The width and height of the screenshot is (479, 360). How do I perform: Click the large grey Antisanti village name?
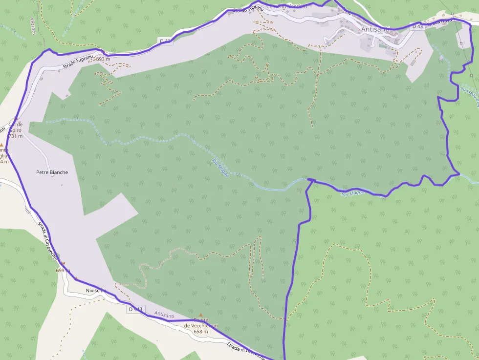coord(375,29)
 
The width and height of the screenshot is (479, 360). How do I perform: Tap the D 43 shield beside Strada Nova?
coord(416,26)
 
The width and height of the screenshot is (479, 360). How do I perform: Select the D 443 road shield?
coord(135,309)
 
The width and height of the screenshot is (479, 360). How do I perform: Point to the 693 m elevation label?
coord(103,59)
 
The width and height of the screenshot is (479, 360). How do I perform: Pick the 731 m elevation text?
coord(15,136)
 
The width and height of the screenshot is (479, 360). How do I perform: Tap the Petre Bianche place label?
coord(52,172)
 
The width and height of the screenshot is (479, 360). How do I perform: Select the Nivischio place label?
coord(95,291)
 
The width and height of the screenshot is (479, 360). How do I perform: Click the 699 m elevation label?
coord(60,270)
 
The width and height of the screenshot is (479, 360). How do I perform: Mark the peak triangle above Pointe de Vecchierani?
coord(200,316)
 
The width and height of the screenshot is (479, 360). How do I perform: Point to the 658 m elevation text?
coord(200,332)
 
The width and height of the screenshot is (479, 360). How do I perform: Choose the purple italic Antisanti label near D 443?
coord(164,316)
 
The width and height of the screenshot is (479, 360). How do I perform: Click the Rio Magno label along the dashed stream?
coord(220,168)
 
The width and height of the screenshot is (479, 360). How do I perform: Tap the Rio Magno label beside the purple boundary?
coord(353,193)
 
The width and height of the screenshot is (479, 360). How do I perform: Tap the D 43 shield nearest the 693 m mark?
coord(165,42)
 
